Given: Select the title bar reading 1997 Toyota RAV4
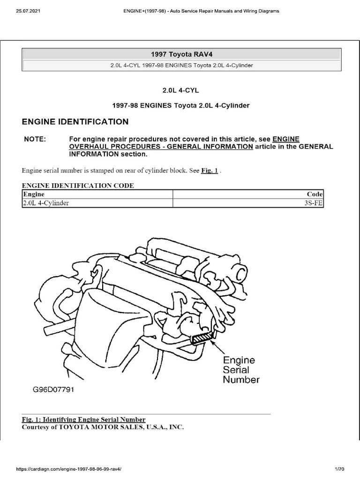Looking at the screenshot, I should [181, 54].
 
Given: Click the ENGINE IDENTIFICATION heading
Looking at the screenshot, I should [75, 122].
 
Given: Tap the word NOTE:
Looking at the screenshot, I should [35, 139].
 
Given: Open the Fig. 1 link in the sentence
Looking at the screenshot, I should [210, 171].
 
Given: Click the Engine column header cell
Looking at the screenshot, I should [33, 194].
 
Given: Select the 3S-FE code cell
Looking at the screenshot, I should [314, 203].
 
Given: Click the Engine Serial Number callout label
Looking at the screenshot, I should [240, 370].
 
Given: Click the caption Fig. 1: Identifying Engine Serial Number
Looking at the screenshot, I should [84, 420].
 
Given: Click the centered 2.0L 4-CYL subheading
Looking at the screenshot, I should [181, 90].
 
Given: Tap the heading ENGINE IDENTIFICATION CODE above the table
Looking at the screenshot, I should [78, 186].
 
